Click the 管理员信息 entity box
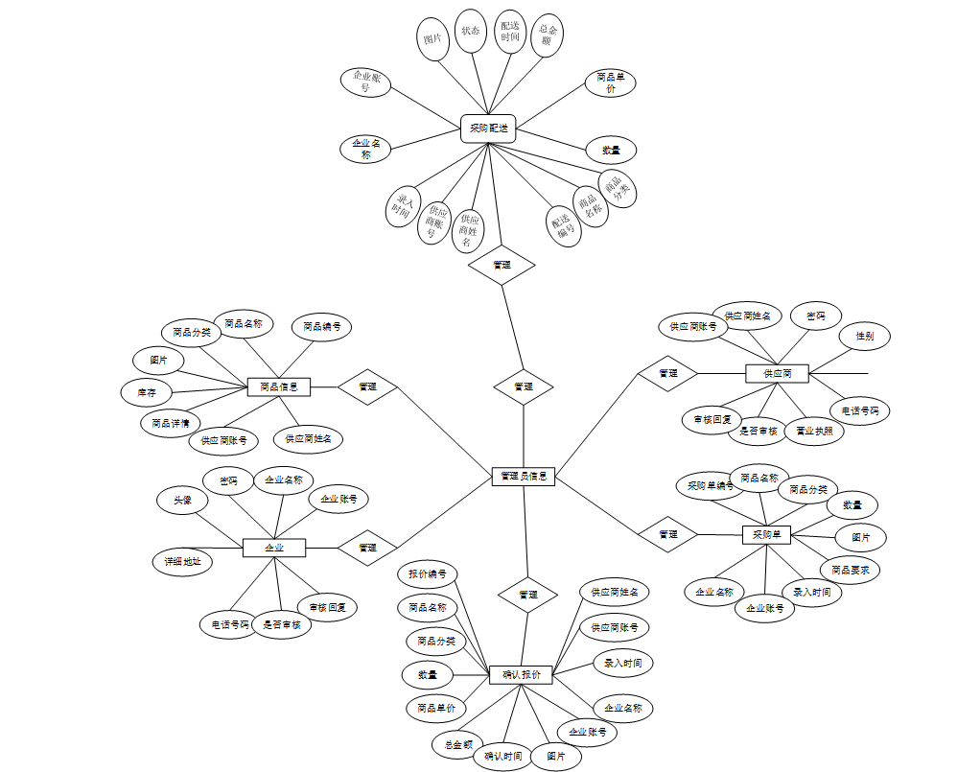(x=523, y=476)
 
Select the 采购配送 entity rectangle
(x=488, y=129)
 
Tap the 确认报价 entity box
(x=521, y=675)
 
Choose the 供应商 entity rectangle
(x=777, y=373)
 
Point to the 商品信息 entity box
(x=278, y=386)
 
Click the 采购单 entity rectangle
(x=766, y=534)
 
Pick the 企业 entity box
(x=273, y=548)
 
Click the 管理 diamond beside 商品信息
(x=367, y=387)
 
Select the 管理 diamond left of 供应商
(x=668, y=373)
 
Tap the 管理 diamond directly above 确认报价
(x=527, y=595)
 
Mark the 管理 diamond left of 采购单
(x=668, y=534)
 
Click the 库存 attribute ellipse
(x=146, y=392)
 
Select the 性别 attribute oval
(x=864, y=337)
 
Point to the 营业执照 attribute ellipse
(x=814, y=431)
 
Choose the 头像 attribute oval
(x=182, y=500)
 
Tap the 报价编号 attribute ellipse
(x=428, y=574)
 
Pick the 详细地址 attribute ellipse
(x=182, y=561)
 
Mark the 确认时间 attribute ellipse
(x=502, y=756)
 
